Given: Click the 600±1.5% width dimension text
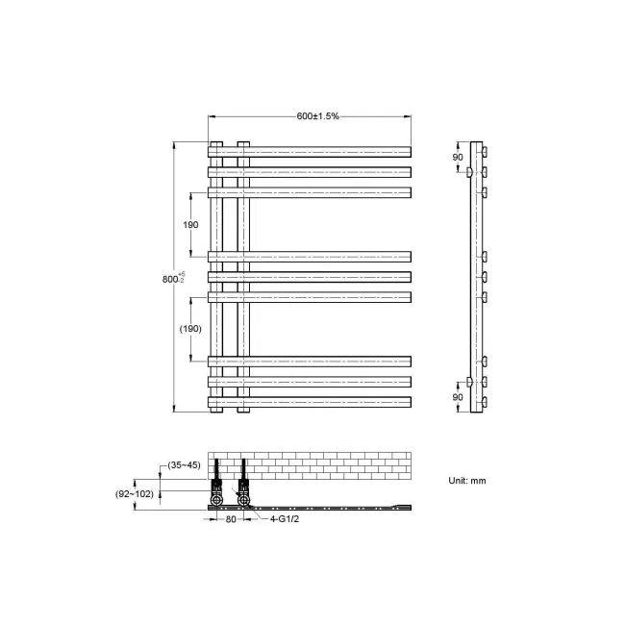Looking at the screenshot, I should tap(317, 116).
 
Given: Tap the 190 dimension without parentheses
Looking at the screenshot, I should tap(190, 224).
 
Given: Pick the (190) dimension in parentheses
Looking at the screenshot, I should tap(190, 328).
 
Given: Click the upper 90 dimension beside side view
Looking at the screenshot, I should tap(458, 157).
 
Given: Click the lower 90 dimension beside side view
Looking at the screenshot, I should tap(458, 395).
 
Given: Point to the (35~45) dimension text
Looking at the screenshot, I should tap(183, 465).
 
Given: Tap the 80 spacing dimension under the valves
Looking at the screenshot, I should tap(231, 519).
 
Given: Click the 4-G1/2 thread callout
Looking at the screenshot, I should tap(281, 519).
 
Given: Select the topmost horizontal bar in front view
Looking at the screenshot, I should tap(317, 151).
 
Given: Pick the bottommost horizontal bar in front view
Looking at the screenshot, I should tap(317, 401).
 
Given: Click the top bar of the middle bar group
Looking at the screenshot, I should tap(317, 257).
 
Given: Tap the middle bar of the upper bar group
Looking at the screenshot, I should tap(317, 172).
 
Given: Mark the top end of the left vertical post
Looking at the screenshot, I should tap(216, 144).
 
